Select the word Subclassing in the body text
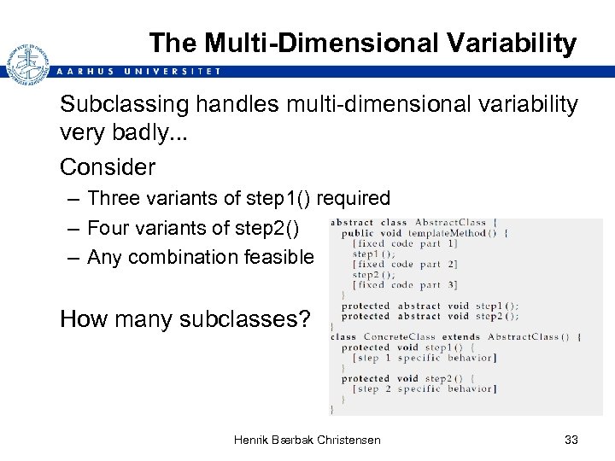click(120, 105)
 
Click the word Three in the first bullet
click(114, 199)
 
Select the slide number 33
click(571, 440)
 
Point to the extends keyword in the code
click(461, 336)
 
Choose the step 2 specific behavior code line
click(425, 389)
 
